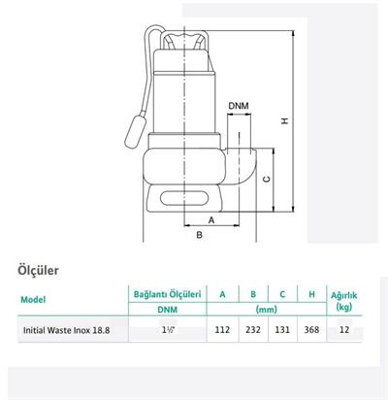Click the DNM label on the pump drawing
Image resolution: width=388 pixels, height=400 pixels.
coord(238,105)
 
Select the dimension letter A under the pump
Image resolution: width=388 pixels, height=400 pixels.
coord(210,218)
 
